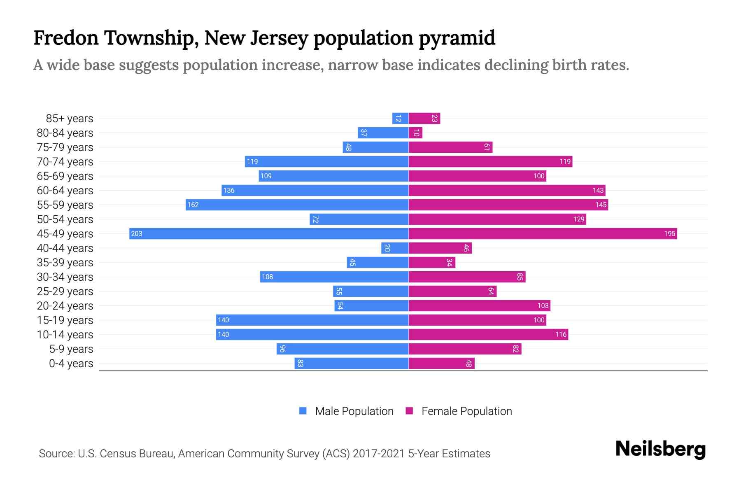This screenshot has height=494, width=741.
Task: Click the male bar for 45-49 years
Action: pyautogui.click(x=269, y=233)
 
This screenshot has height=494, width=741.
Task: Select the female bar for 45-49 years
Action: pyautogui.click(x=543, y=233)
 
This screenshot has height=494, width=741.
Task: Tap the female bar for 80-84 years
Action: pyautogui.click(x=415, y=133)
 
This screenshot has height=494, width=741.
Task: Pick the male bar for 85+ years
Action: pyautogui.click(x=400, y=118)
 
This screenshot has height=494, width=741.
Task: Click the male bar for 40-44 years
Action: pyautogui.click(x=395, y=248)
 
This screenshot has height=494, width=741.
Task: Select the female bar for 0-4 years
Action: pyautogui.click(x=441, y=363)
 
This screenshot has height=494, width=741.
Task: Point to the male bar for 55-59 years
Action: pyautogui.click(x=297, y=205)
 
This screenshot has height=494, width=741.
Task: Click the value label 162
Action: pyautogui.click(x=193, y=205)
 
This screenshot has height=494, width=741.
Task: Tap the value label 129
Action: pyautogui.click(x=578, y=219)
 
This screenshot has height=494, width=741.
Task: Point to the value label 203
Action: pyautogui.click(x=136, y=233)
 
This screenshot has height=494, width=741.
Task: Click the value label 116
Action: pyautogui.click(x=561, y=334)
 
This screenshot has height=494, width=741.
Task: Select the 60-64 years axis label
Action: pyautogui.click(x=65, y=191)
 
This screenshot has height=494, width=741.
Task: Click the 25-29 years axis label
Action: pyautogui.click(x=65, y=291)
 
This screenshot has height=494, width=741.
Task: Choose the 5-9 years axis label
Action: pyautogui.click(x=71, y=349)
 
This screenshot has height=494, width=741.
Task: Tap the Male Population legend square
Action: pyautogui.click(x=303, y=411)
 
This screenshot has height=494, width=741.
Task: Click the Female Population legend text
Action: pyautogui.click(x=466, y=411)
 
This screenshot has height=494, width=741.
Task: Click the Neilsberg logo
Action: pyautogui.click(x=660, y=449)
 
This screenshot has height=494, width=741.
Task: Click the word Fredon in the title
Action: pyautogui.click(x=66, y=38)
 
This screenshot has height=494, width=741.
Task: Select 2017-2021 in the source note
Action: pyautogui.click(x=378, y=454)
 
